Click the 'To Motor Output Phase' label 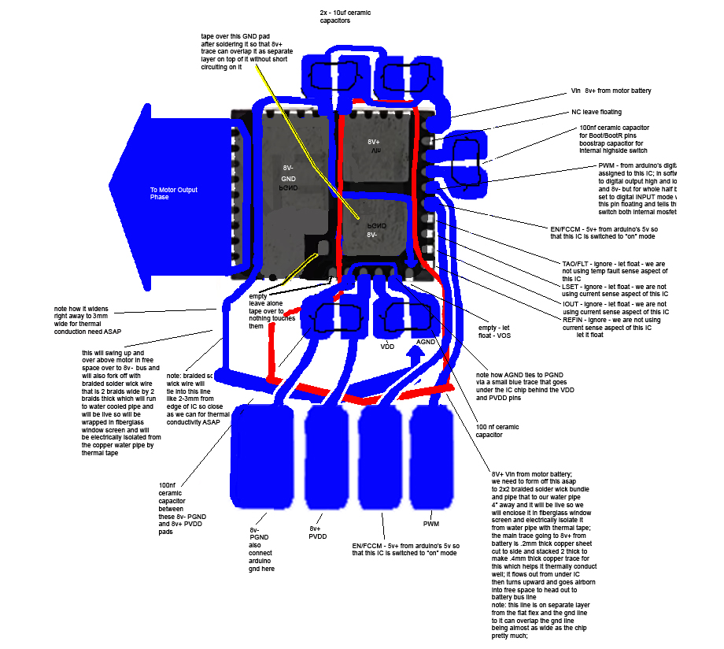173,193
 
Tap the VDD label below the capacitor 387,346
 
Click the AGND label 426,342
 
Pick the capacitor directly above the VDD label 334,318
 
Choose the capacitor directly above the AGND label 406,317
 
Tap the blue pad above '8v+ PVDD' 326,457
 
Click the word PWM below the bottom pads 431,523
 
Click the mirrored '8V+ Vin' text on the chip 375,146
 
